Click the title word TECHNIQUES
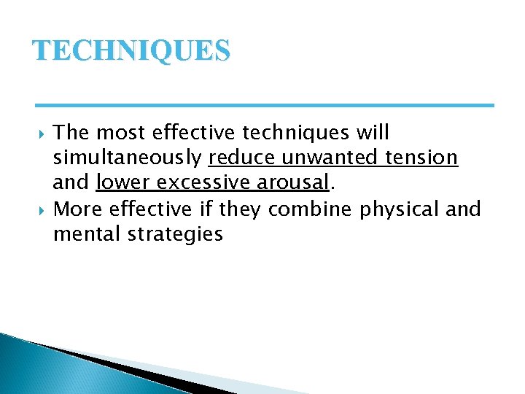tap(131, 51)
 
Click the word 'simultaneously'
tap(128, 158)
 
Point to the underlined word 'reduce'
tap(242, 158)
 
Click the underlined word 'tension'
tap(426, 158)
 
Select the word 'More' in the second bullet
tap(78, 209)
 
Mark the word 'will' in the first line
tap(373, 133)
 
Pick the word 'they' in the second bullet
tap(241, 209)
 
